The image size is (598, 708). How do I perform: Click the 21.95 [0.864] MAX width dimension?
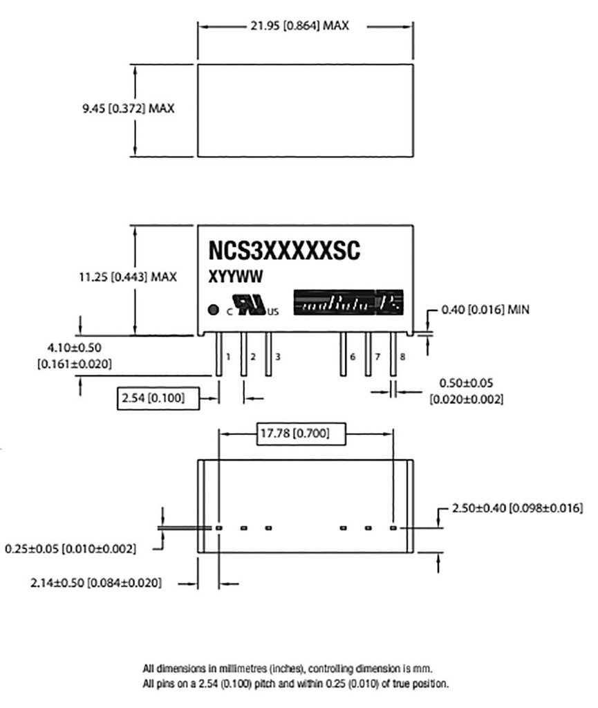pyautogui.click(x=299, y=26)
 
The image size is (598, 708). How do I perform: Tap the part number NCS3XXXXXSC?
pyautogui.click(x=283, y=251)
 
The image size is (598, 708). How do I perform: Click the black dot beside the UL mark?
pyautogui.click(x=214, y=309)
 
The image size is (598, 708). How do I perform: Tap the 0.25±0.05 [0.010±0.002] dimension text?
pyautogui.click(x=71, y=549)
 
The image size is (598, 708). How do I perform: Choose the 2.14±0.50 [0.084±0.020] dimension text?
pyautogui.click(x=97, y=584)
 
